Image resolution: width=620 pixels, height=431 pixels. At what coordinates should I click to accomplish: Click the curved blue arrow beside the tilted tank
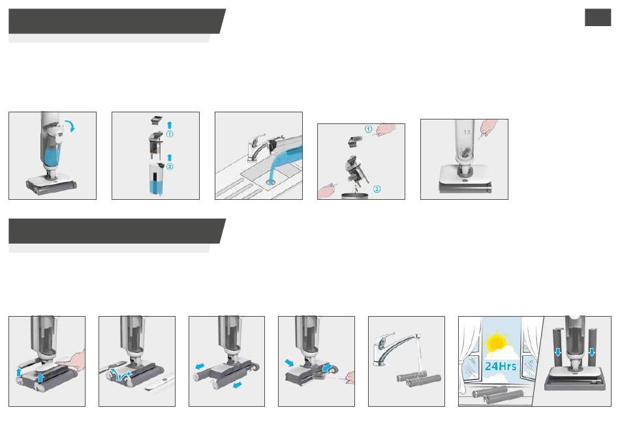coord(71,126)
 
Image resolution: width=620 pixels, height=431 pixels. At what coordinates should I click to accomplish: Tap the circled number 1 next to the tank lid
coord(170,134)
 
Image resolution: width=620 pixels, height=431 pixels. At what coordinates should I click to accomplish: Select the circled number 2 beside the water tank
coord(170,167)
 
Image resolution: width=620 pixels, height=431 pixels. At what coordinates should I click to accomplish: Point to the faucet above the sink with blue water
coord(257,147)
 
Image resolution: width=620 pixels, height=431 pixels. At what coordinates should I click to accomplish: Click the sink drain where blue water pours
coord(271,182)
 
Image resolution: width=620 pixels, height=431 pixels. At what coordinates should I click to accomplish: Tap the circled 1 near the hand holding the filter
coord(368,129)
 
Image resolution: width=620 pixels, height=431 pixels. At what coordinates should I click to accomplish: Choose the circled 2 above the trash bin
coord(377,189)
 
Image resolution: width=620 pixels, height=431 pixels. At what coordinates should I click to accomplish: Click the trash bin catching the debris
coord(354,196)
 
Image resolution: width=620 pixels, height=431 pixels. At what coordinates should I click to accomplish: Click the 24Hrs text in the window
coord(501,366)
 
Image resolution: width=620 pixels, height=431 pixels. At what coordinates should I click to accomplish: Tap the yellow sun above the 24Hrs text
coord(496,343)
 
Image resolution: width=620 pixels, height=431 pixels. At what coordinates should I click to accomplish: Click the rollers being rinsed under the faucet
coord(419,381)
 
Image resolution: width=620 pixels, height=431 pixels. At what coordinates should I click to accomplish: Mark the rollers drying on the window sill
coord(497,396)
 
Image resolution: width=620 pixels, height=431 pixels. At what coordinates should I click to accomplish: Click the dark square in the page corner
coord(598,18)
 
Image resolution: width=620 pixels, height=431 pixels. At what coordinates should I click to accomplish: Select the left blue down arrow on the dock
coord(558,351)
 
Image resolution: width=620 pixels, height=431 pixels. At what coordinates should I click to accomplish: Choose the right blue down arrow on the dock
coord(592,351)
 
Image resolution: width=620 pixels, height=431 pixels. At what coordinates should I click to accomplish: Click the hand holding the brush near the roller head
coord(350,377)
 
